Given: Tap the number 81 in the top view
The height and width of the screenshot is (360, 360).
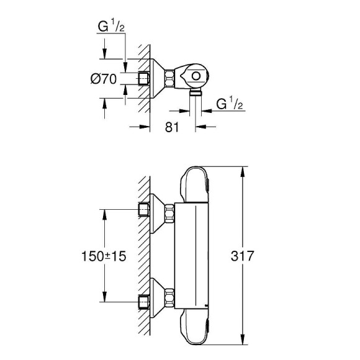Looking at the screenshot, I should coord(173,127).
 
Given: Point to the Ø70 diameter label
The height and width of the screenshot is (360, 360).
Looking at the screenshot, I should coord(103,79).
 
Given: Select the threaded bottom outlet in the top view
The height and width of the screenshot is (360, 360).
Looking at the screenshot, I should coord(196,92).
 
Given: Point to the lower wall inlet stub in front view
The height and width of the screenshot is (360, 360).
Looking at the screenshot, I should coord(145,300).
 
